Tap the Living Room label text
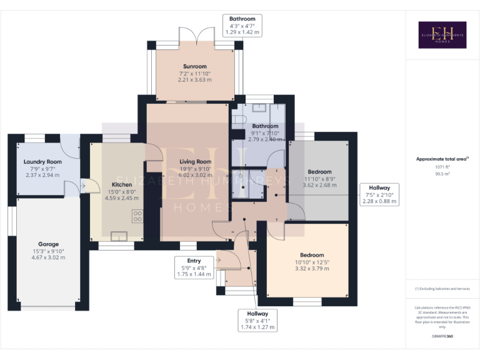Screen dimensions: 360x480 195,161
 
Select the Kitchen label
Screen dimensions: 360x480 122,184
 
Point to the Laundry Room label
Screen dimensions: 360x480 42,162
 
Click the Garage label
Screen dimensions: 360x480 48,244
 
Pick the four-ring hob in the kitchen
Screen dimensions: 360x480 137,216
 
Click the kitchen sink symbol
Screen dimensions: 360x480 119,236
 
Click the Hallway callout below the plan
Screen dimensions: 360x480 257,320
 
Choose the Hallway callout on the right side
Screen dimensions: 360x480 379,194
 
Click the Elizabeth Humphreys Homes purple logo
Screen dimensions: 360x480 442,35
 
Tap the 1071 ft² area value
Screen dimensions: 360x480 442,167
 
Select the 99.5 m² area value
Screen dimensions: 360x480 442,174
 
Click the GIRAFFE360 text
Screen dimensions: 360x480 442,337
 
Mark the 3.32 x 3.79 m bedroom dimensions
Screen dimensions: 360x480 311,268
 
